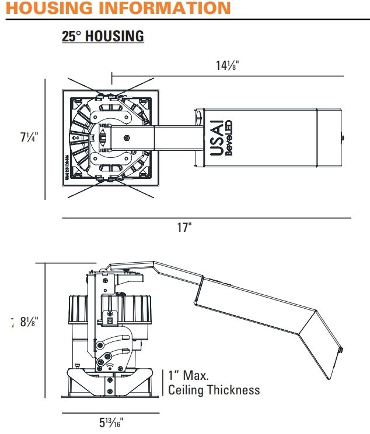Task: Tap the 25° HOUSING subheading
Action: tap(103, 36)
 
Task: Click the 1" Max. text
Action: tap(188, 376)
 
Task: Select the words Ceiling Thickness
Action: tap(214, 390)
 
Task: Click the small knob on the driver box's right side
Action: tap(343, 139)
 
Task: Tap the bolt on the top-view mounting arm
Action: tap(125, 139)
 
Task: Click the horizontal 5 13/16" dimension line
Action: tap(110, 413)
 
